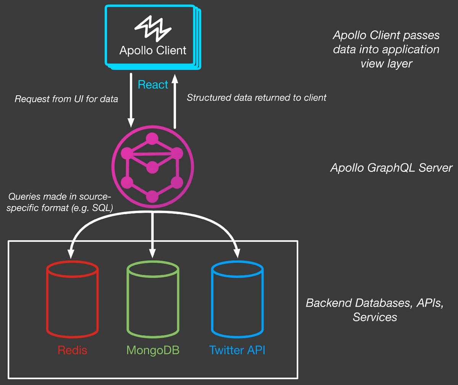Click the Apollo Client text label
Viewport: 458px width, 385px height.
[x=153, y=50]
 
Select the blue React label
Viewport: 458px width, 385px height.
[x=153, y=85]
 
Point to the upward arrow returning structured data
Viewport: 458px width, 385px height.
[x=174, y=101]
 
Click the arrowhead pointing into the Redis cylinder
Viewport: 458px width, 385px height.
[x=70, y=253]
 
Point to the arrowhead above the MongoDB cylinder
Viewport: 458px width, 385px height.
[x=152, y=253]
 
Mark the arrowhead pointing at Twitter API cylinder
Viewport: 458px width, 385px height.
[x=237, y=253]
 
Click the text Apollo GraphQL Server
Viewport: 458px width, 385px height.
[x=391, y=167]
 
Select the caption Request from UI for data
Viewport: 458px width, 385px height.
[x=66, y=99]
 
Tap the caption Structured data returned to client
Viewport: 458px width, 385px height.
[x=256, y=97]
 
